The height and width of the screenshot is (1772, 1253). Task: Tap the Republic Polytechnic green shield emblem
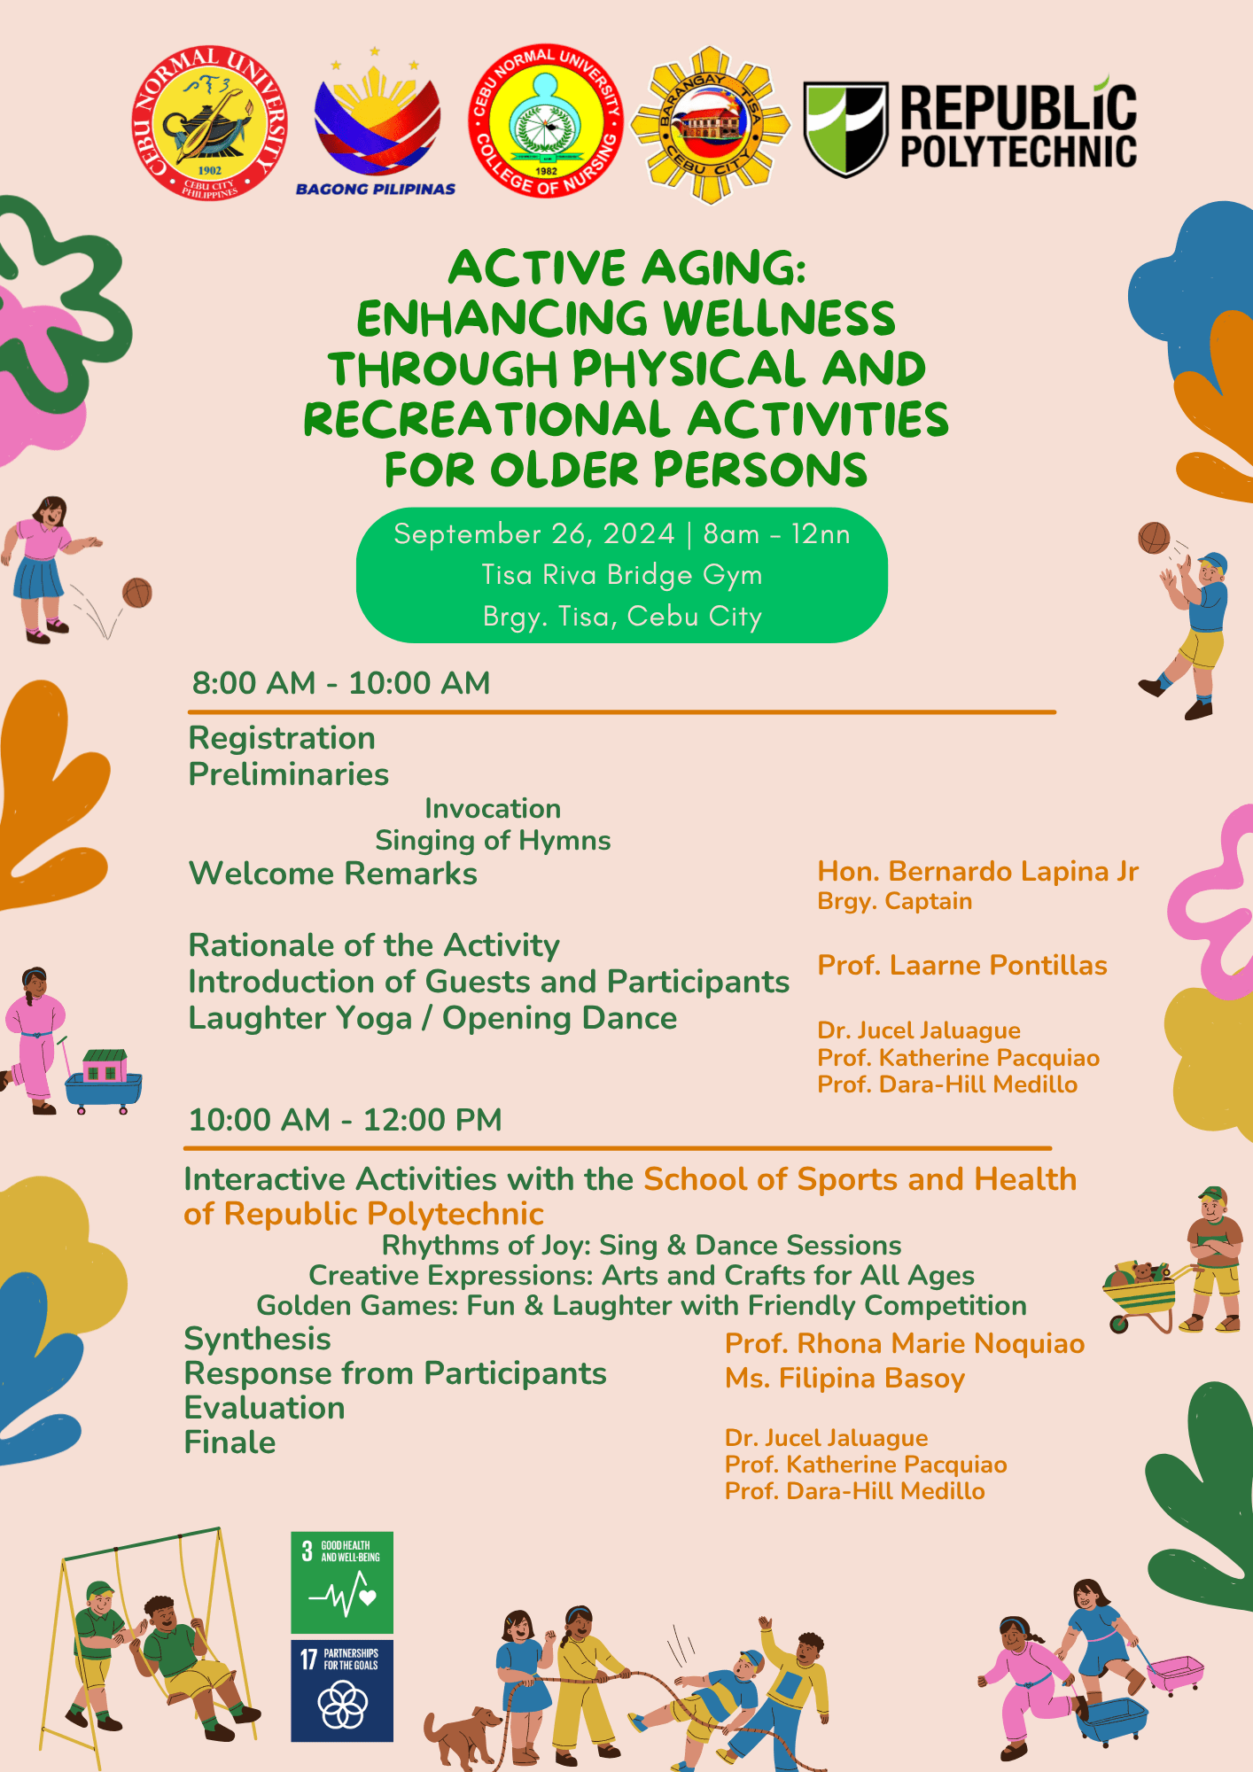click(845, 128)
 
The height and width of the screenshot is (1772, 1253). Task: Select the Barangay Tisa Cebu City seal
click(710, 125)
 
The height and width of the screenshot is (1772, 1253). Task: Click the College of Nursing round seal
click(546, 120)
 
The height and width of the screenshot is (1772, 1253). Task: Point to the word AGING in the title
click(723, 268)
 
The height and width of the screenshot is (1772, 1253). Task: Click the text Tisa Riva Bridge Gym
click(622, 575)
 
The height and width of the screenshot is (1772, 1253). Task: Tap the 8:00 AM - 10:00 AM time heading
click(341, 683)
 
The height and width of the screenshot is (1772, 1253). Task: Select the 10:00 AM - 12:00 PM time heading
click(346, 1120)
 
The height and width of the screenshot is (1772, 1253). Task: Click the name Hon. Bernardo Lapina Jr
click(977, 872)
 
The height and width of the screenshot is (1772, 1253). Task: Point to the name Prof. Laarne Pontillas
click(962, 965)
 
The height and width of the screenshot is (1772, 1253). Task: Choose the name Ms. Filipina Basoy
click(844, 1379)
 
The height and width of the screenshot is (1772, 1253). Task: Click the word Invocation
click(493, 808)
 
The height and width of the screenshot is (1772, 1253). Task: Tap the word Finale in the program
click(230, 1442)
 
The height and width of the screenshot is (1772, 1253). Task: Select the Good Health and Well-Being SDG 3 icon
click(342, 1583)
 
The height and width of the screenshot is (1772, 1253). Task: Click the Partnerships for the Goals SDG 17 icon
click(342, 1690)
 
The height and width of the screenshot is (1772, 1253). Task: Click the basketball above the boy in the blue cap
click(1154, 538)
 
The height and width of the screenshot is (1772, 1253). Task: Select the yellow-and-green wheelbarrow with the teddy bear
click(1140, 1294)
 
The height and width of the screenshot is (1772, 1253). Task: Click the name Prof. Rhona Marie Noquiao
click(905, 1344)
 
